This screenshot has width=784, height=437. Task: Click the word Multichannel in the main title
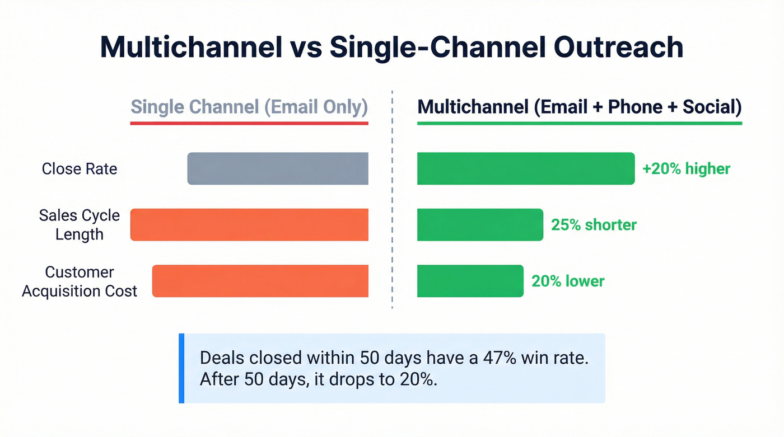[190, 48]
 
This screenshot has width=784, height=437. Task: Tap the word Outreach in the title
[619, 48]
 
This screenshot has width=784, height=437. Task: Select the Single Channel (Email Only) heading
[249, 106]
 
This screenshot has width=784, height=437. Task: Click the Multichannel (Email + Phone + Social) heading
[580, 106]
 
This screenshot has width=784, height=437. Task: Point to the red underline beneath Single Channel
[249, 123]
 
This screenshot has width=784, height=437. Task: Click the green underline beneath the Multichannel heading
[580, 123]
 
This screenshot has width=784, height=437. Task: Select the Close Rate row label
[80, 169]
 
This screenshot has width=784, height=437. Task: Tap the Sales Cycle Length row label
[80, 225]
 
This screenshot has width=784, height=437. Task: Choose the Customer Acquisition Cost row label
[80, 281]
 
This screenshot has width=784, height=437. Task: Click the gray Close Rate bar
[278, 168]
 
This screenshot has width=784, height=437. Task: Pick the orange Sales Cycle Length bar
[249, 225]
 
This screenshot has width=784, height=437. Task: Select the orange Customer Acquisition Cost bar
[260, 281]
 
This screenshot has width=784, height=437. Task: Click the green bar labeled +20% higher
[526, 168]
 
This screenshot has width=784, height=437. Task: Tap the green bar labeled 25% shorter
[480, 225]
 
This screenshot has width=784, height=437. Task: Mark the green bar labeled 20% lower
[470, 281]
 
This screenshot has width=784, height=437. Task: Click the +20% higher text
[686, 169]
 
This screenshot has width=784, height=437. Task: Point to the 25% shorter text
[594, 225]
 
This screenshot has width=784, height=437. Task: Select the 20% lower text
[568, 281]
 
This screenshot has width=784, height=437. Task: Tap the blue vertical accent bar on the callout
[181, 368]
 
